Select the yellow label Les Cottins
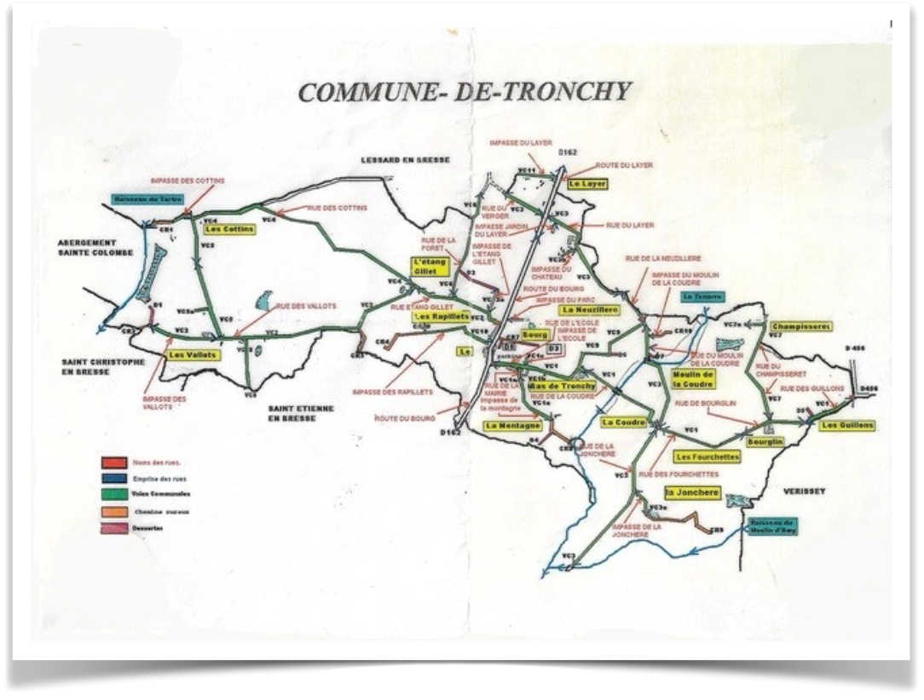[x=226, y=229]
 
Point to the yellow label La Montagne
[x=513, y=425]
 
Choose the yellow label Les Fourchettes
[x=707, y=457]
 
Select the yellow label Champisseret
[x=800, y=326]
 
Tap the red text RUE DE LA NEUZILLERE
[x=662, y=257]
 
